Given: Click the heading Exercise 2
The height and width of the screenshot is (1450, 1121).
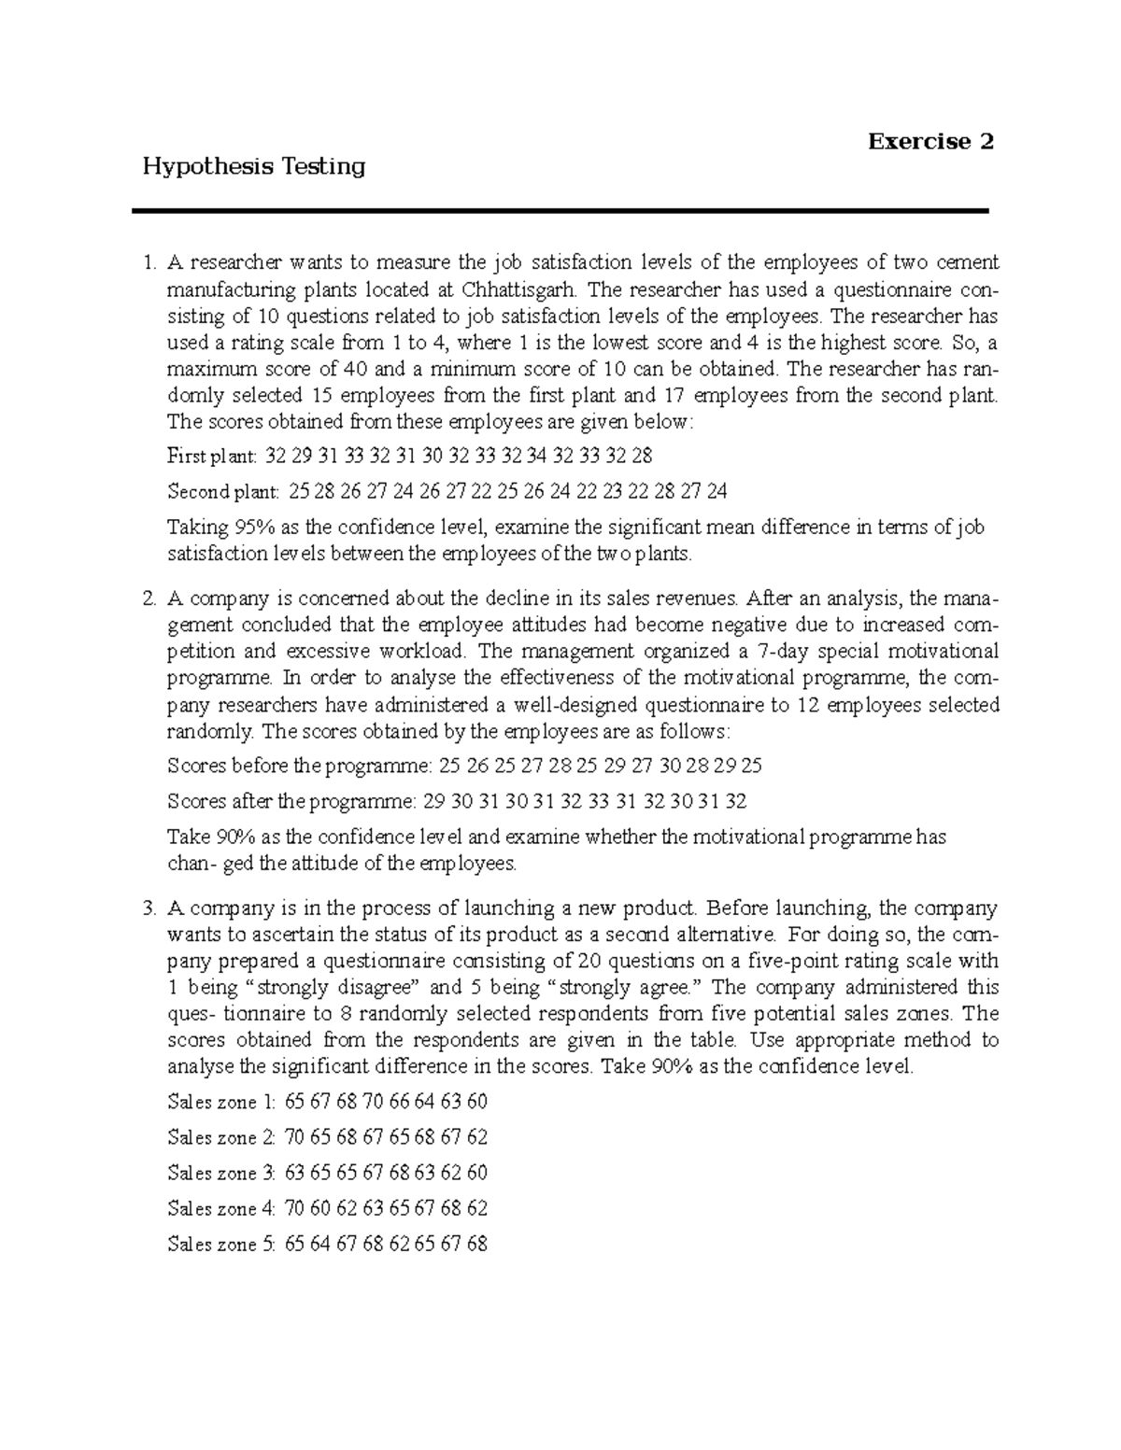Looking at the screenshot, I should (x=929, y=142).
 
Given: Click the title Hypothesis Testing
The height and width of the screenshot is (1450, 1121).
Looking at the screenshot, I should (x=252, y=167).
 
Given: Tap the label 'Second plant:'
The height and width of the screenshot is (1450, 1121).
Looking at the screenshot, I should (x=222, y=492).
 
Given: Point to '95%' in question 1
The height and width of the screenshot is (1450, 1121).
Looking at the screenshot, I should (x=240, y=528).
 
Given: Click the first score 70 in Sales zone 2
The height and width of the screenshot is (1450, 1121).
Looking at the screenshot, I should (x=295, y=1138).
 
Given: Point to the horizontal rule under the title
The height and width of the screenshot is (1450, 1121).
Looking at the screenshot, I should (x=560, y=212).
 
